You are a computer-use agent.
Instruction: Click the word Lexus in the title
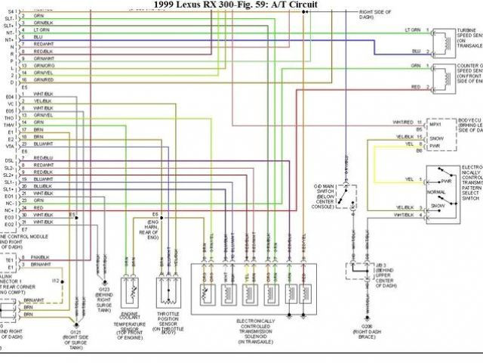tap(199, 5)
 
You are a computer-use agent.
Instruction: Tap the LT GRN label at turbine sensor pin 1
tap(411, 30)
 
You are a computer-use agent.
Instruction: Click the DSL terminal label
tap(9, 160)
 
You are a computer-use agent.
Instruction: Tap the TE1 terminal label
tap(9, 258)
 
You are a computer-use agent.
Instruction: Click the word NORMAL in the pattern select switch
tap(438, 194)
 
